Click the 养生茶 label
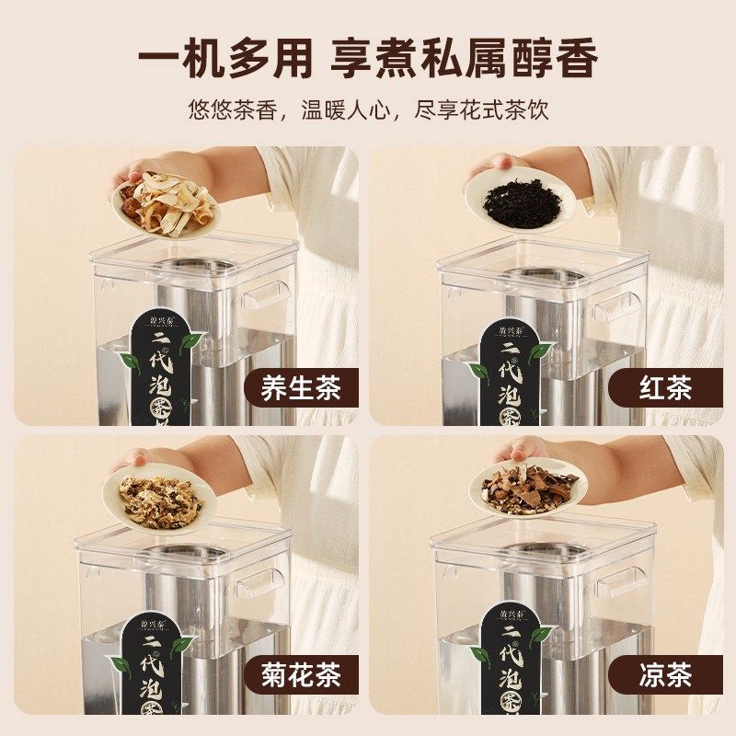(x=300, y=388)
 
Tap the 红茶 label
(x=663, y=388)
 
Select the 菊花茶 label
(x=300, y=676)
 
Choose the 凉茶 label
(x=663, y=676)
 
